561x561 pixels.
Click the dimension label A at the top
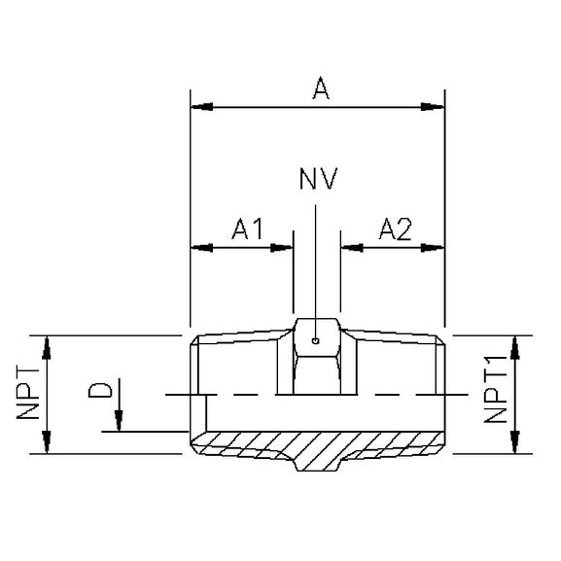click(x=320, y=88)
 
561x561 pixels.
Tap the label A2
click(x=394, y=229)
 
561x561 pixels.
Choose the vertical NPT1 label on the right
click(x=496, y=394)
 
